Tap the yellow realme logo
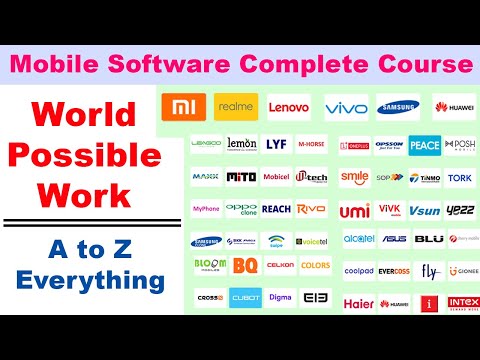(236, 107)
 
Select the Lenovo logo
(289, 107)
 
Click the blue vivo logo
(346, 107)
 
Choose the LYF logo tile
(276, 144)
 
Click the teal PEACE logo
(424, 145)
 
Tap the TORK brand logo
(461, 178)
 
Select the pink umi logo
(353, 211)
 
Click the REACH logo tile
(276, 209)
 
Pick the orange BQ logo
(243, 266)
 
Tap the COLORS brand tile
(314, 266)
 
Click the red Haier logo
(358, 303)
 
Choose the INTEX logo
(463, 302)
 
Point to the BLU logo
(429, 239)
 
